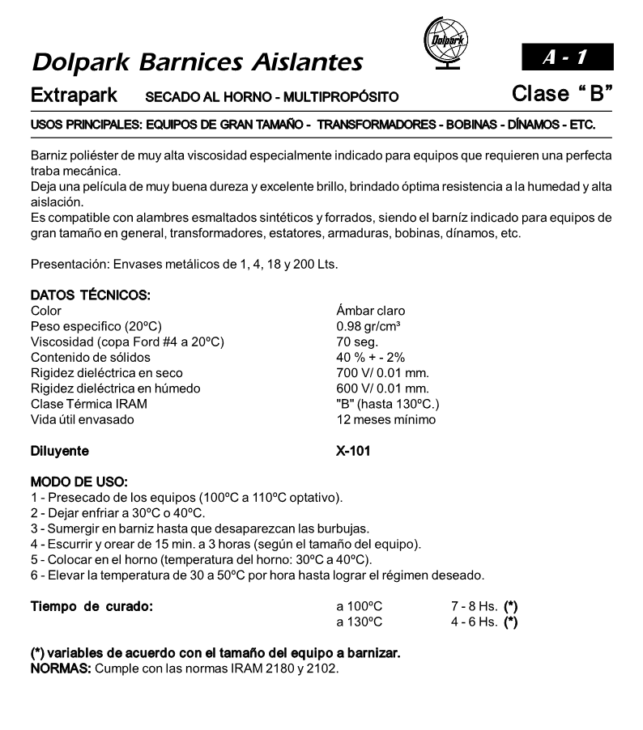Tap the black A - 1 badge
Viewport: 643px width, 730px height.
coord(567,57)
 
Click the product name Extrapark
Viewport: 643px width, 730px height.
coord(74,95)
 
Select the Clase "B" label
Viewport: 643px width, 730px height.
coord(561,94)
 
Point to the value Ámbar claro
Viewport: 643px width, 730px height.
coord(370,311)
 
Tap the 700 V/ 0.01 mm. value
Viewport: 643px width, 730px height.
coord(382,373)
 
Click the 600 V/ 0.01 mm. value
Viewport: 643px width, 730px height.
coord(382,388)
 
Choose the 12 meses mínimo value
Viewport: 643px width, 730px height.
coord(385,419)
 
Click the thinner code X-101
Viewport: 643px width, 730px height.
coord(353,451)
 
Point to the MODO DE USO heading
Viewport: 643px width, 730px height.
coord(78,482)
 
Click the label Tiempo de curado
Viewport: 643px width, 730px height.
coord(92,606)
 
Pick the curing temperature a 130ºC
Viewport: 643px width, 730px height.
coord(360,622)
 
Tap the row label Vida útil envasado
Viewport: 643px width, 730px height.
coord(82,419)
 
